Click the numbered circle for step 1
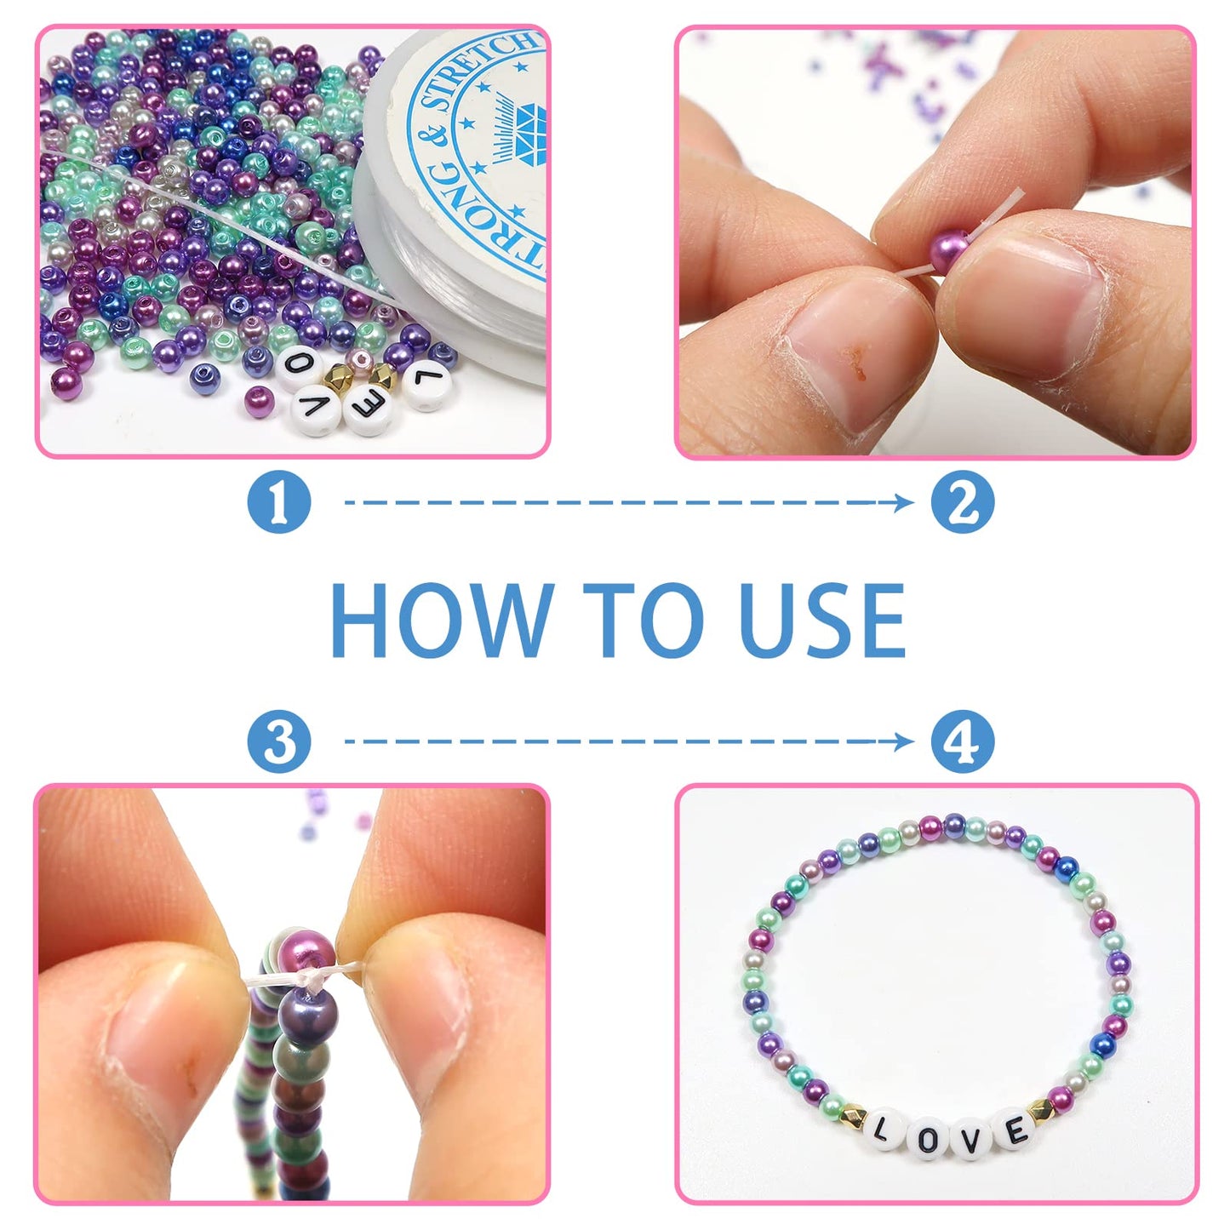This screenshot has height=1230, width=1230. pos(279,503)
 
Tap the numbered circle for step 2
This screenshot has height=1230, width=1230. pos(962,503)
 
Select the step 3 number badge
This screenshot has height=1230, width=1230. pos(279,742)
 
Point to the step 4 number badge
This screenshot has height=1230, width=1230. pos(962,742)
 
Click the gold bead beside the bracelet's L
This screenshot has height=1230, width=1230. pos(851,1113)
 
